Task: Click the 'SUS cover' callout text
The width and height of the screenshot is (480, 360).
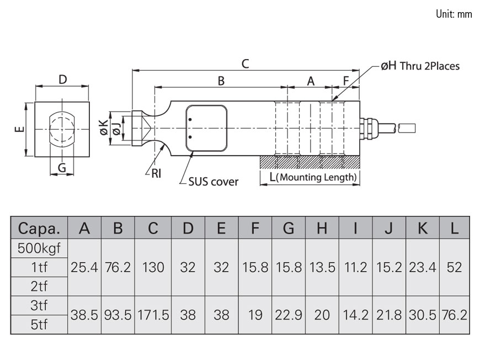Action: tap(212, 182)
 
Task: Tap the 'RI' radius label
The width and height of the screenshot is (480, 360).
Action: tap(156, 174)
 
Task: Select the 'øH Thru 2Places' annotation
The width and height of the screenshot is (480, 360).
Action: tap(420, 66)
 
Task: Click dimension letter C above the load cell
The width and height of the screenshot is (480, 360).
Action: tap(246, 63)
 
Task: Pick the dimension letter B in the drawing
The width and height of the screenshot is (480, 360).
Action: tap(221, 81)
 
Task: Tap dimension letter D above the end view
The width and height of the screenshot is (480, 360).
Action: tap(63, 80)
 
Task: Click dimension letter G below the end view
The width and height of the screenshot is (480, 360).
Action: tap(62, 167)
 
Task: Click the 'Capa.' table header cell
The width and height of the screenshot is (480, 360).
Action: tap(39, 228)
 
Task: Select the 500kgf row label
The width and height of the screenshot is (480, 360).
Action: tap(39, 248)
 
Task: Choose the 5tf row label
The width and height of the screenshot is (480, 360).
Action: tap(39, 325)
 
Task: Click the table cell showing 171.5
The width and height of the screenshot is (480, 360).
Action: tap(153, 315)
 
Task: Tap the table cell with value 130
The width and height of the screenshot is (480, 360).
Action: tap(153, 267)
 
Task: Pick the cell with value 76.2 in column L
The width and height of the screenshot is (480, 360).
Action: tap(454, 315)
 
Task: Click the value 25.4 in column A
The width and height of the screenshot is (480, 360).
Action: tap(84, 267)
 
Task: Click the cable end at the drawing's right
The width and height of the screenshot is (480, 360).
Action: tap(407, 128)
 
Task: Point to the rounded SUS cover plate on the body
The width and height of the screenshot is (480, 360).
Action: tap(206, 128)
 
